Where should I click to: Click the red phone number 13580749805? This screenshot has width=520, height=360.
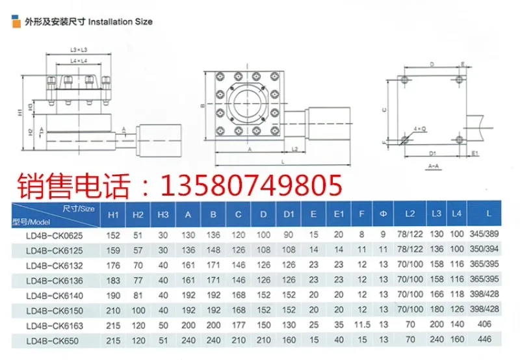pos(251,186)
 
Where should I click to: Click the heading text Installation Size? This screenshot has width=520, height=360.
pos(120,21)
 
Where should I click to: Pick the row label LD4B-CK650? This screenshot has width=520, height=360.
pos(52,339)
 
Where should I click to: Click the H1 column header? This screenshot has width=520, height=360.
pos(113,214)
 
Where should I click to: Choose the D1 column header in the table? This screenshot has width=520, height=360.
pos(289,214)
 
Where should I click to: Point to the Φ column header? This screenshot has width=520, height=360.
pos(383,214)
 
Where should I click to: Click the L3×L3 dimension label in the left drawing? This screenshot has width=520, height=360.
pos(79,50)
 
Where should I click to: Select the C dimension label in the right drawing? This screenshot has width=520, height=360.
pos(385,110)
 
